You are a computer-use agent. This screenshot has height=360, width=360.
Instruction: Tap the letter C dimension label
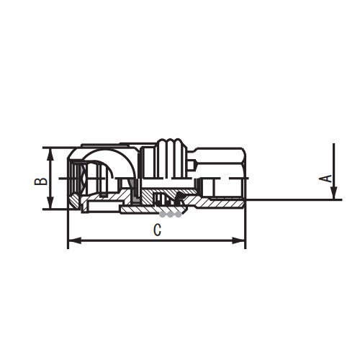click(x=156, y=230)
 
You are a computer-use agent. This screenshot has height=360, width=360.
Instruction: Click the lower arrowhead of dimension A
click(x=334, y=194)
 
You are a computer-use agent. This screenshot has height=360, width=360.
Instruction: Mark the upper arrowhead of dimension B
click(x=49, y=152)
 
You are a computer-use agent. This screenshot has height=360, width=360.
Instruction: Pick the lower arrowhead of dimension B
click(x=49, y=205)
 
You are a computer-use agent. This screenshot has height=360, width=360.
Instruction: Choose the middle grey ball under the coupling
click(x=171, y=214)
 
